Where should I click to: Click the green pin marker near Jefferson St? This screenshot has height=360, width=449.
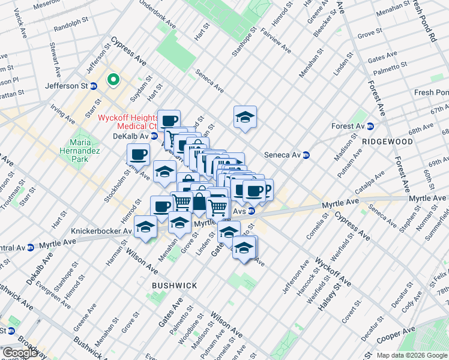coord(112,79)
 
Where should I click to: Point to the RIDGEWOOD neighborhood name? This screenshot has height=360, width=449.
coord(387,142)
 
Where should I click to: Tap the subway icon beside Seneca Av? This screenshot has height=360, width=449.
coord(306,154)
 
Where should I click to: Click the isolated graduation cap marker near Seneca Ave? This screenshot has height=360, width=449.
coord(245,117)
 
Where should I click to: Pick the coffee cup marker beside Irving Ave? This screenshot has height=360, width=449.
coord(138,154)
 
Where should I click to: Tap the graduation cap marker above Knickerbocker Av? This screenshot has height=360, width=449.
coord(145,227)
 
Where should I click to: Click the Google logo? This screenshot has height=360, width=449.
coord(20,353)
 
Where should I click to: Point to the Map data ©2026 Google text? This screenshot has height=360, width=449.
coord(412,355)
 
